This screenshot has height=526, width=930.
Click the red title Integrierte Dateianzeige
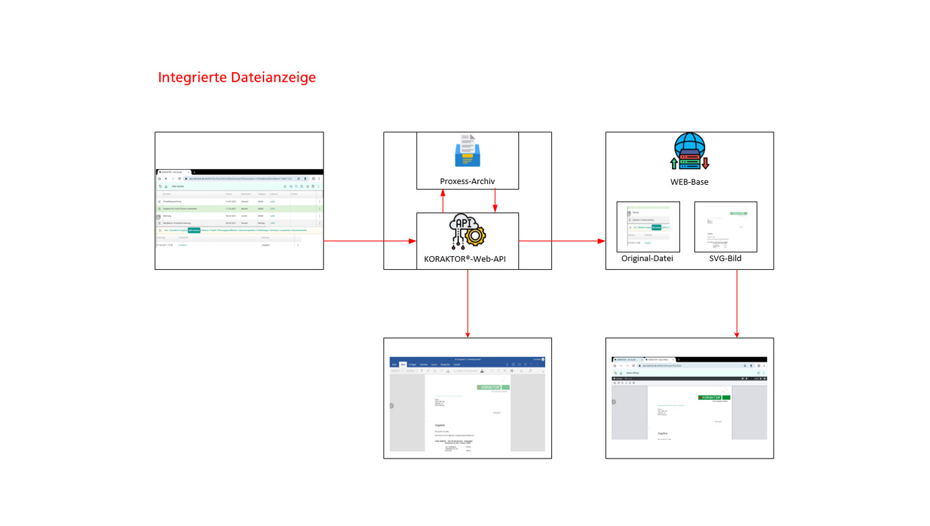coord(237,78)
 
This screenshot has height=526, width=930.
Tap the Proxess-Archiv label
coord(467,181)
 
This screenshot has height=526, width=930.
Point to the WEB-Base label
coord(689,181)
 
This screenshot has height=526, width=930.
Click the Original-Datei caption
coord(647,259)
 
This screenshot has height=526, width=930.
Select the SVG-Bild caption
coord(726,259)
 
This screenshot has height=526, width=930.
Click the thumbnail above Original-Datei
coord(648,227)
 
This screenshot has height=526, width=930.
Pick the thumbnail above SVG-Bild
coord(726,227)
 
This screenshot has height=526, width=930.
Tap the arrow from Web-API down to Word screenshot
coord(468,303)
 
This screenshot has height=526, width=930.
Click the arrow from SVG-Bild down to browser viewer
coord(737,303)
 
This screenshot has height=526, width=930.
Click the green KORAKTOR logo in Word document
coord(493,388)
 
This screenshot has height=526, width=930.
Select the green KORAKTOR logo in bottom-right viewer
coord(714,398)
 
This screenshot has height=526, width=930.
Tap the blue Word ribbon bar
coord(467,362)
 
